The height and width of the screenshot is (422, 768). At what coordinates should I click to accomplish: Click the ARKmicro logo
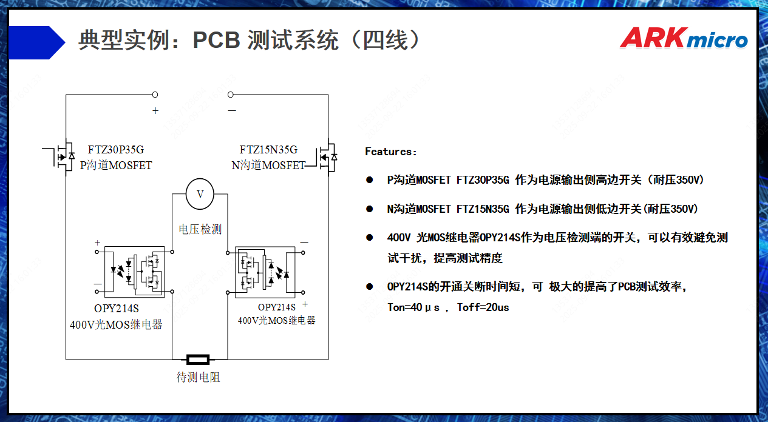(x=684, y=38)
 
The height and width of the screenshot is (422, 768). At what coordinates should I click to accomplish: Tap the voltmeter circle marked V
(x=200, y=194)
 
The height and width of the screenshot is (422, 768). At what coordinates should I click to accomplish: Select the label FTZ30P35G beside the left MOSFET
(x=116, y=150)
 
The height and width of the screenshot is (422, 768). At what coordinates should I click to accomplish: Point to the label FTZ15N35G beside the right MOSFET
(x=268, y=150)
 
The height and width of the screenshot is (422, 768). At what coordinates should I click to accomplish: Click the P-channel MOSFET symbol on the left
(x=62, y=156)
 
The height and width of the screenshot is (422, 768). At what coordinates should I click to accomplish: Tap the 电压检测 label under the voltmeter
(x=200, y=229)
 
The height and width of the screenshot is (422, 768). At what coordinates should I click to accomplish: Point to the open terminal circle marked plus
(x=155, y=95)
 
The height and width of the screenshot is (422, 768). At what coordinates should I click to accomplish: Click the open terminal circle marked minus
(x=230, y=95)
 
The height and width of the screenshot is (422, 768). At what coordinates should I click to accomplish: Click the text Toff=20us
(x=483, y=307)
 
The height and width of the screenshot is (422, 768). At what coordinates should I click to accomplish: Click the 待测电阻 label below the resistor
(x=198, y=377)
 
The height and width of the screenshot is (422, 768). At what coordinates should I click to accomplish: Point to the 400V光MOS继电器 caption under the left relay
(x=116, y=325)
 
